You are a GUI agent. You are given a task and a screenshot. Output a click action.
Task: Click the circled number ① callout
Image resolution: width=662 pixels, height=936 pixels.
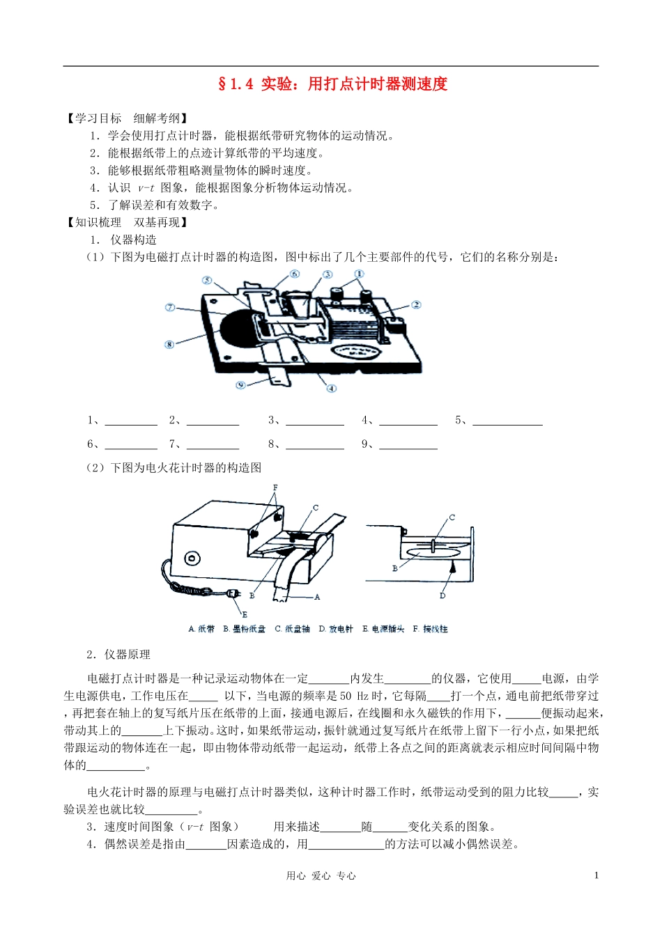(x=359, y=274)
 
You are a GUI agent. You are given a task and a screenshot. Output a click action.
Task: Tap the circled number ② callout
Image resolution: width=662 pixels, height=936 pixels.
(x=416, y=304)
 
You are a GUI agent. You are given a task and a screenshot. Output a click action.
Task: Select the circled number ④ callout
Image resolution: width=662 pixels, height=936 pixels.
(x=332, y=388)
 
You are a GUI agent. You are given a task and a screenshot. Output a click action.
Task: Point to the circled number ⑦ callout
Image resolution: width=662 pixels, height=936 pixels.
(x=170, y=307)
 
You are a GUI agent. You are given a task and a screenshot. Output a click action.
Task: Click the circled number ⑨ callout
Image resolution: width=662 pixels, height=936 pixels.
(x=240, y=385)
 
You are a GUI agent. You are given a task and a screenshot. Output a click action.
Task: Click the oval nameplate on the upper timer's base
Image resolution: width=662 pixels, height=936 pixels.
(x=356, y=350)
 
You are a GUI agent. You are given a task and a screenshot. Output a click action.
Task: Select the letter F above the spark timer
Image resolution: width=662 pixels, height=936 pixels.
(x=275, y=487)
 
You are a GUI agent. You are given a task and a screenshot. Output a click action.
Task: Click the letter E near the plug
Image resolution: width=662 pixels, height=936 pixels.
(x=245, y=614)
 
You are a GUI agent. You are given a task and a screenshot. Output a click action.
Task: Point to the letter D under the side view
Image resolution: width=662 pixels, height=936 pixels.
(x=442, y=595)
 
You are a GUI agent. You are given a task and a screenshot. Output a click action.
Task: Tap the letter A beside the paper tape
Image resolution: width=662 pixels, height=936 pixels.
(x=317, y=597)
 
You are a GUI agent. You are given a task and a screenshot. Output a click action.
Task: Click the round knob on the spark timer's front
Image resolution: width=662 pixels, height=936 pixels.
(x=192, y=559)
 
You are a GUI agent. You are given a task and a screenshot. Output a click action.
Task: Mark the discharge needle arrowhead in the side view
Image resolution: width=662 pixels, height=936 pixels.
(x=452, y=568)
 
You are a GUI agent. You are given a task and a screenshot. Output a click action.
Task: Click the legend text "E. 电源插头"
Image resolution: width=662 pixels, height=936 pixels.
(x=383, y=629)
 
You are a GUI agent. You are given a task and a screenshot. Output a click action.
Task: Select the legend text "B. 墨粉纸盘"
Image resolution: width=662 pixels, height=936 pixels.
(x=245, y=629)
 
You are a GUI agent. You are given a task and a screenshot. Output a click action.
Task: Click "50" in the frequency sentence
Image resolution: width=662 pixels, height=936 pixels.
(x=346, y=696)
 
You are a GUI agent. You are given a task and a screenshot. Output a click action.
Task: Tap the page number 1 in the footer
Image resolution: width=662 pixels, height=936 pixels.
(x=596, y=875)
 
